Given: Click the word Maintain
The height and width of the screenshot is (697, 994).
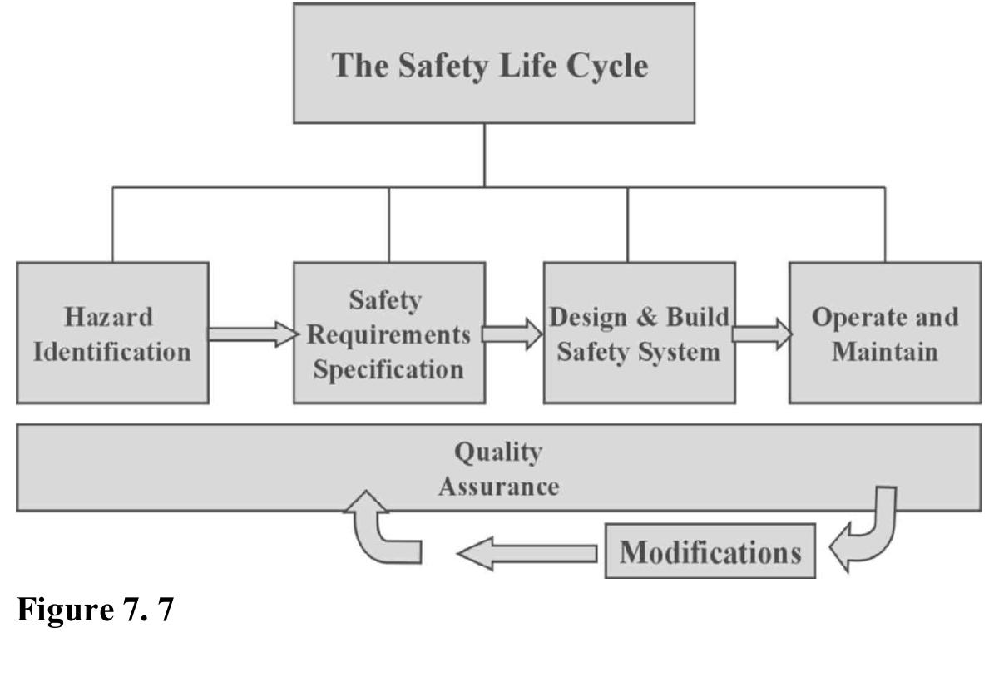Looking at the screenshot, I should click(x=885, y=351).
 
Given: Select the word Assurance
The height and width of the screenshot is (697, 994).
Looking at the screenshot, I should click(x=498, y=486).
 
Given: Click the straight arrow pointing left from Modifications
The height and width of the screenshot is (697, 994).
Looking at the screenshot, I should click(x=527, y=552).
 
